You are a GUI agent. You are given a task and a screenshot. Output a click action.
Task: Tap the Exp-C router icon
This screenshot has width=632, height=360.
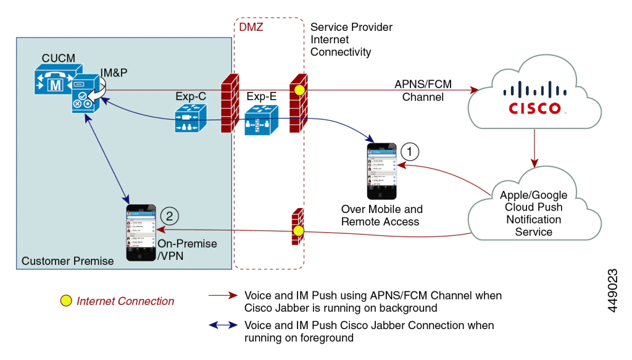[188, 119]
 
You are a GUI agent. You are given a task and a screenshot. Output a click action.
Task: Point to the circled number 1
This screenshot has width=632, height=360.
[410, 150]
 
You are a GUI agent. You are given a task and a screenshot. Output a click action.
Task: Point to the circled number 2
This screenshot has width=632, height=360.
[169, 216]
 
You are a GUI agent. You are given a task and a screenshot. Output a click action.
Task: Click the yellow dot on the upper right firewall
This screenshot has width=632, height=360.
[299, 90]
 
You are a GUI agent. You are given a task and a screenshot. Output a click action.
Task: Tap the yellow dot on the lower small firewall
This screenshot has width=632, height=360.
[299, 231]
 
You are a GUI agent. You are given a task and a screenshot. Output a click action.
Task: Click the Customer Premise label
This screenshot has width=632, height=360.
[68, 261]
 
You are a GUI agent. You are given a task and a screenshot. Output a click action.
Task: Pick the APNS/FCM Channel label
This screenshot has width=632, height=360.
[423, 90]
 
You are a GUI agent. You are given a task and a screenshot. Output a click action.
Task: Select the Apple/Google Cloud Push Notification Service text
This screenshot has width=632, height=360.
[533, 213]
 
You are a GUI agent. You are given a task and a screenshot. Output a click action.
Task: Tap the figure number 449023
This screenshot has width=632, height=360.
[613, 290]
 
